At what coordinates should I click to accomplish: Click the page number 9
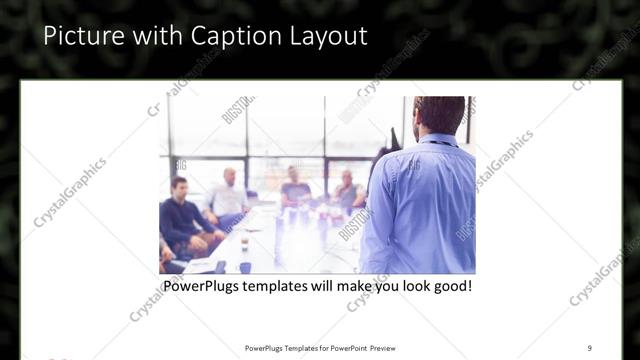[589, 347]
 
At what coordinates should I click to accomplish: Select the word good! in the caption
[450, 286]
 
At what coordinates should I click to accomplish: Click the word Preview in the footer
[388, 347]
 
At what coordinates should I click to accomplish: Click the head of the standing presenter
[439, 116]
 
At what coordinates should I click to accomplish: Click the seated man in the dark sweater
[181, 215]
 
